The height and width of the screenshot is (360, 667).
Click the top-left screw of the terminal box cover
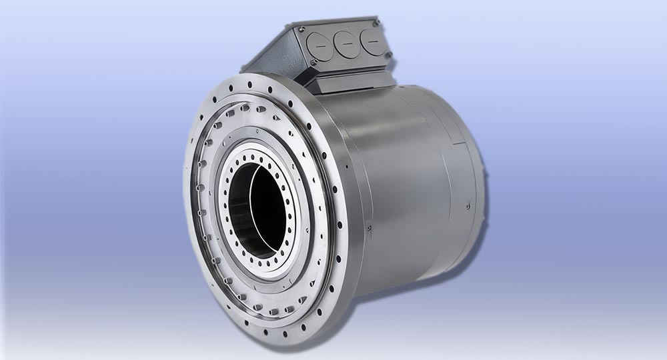coord(302,29)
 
